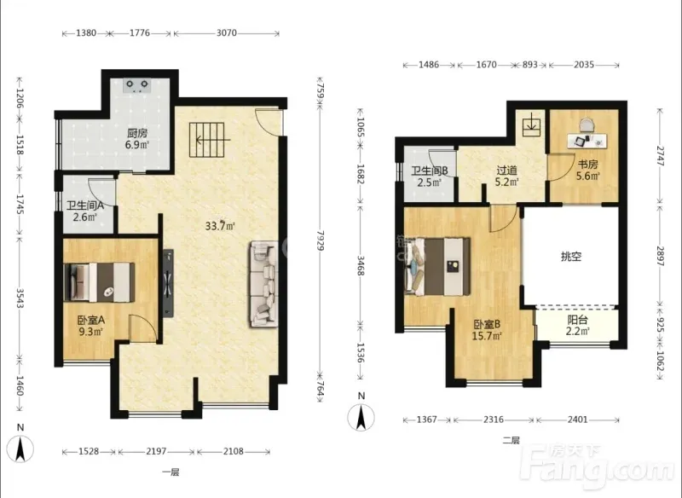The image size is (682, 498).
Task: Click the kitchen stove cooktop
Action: (137, 85)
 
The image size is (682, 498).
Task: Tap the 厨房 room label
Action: (137, 133)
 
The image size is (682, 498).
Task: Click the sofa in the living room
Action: (264, 284)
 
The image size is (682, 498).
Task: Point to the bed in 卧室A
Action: (99, 282)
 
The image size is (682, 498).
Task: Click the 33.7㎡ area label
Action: (220, 226)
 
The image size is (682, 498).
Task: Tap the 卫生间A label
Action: (84, 205)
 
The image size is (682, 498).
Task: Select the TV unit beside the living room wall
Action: (168, 283)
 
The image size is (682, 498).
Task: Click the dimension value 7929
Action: (321, 240)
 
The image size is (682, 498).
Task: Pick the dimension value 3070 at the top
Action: (227, 33)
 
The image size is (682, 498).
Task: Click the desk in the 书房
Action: (587, 140)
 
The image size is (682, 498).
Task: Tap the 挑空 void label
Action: (571, 257)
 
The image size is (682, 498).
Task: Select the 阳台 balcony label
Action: (578, 320)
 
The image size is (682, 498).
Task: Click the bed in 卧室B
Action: (437, 266)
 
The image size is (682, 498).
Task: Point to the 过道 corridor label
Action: (506, 170)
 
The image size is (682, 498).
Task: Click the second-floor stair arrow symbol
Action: (531, 124)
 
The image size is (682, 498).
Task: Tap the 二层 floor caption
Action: (511, 441)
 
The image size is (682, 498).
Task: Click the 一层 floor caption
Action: (170, 472)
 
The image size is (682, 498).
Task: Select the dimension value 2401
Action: (578, 420)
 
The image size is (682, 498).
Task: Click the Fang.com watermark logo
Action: (599, 466)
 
